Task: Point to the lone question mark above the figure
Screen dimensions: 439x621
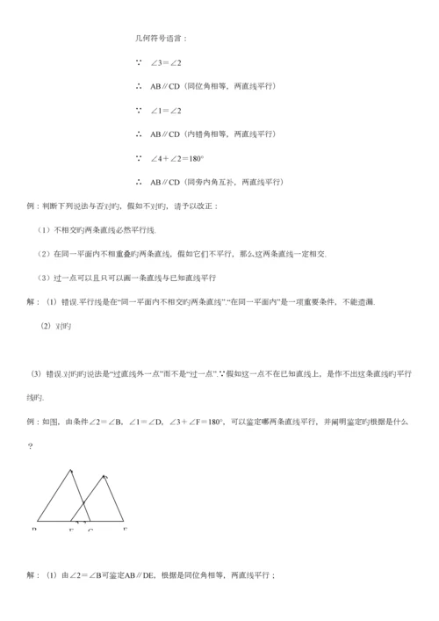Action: click(31, 446)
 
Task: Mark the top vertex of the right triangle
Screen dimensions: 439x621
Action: click(104, 475)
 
